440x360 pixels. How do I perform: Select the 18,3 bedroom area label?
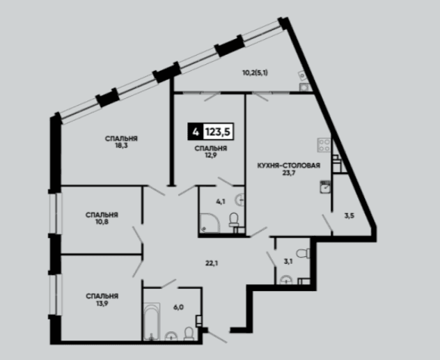click(121, 146)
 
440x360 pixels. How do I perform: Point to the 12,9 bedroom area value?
click(211, 155)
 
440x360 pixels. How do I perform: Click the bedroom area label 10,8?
click(102, 221)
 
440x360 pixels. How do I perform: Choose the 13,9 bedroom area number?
click(102, 303)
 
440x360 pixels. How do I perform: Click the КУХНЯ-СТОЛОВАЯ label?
click(289, 165)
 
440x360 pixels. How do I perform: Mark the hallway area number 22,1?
click(212, 263)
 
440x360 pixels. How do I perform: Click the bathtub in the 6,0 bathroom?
click(152, 322)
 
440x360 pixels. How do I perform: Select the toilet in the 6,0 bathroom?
click(189, 334)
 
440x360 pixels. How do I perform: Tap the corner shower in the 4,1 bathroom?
click(210, 223)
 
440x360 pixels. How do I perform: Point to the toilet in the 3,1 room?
click(304, 253)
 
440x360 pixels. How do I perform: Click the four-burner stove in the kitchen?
click(324, 145)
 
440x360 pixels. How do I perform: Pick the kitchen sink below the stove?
click(325, 187)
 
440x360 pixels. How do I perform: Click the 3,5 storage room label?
click(349, 216)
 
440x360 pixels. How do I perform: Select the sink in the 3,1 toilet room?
click(287, 280)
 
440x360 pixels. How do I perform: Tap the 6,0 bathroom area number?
click(178, 307)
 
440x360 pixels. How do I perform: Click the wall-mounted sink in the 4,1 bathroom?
click(240, 200)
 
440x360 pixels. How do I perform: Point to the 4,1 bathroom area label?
click(221, 201)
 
